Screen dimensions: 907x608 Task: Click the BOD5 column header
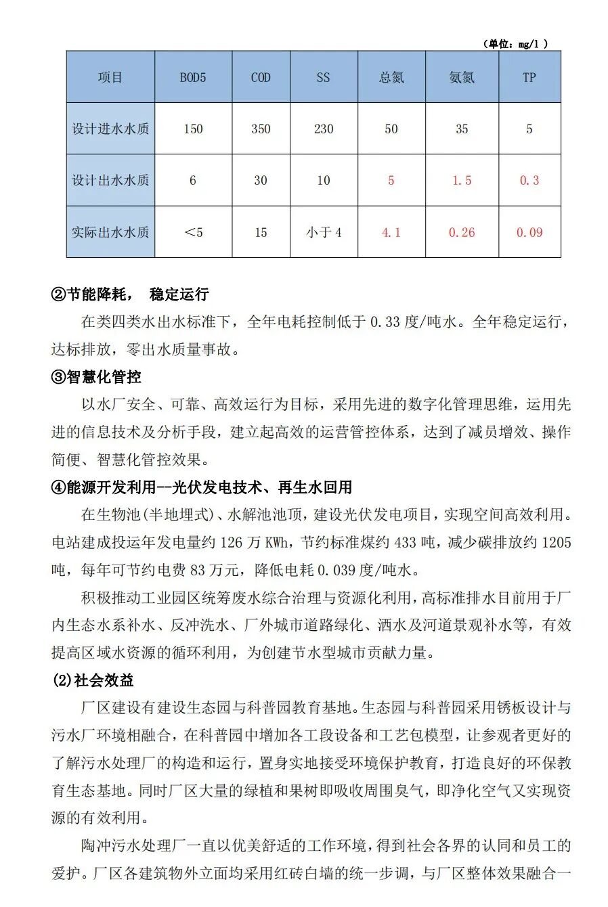click(193, 78)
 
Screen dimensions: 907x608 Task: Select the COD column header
click(261, 78)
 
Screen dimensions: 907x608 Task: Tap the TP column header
click(529, 78)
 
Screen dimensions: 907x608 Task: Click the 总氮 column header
click(391, 78)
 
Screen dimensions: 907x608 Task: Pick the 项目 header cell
click(110, 78)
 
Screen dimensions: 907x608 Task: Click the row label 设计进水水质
click(110, 129)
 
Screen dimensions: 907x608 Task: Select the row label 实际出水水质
click(110, 232)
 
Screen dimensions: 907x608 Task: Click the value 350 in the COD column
click(261, 129)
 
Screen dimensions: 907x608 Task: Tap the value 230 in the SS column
click(324, 129)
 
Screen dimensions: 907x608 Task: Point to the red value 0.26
click(462, 232)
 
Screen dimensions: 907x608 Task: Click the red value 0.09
click(529, 232)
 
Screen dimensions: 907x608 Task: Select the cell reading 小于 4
click(324, 232)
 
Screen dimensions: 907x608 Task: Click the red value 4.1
click(391, 232)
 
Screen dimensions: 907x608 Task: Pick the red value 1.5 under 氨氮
click(462, 181)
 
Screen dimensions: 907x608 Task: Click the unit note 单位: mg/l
click(515, 44)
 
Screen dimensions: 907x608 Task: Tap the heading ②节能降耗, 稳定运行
click(130, 294)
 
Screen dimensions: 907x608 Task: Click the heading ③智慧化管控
click(96, 377)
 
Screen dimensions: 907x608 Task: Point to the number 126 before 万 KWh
click(231, 543)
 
